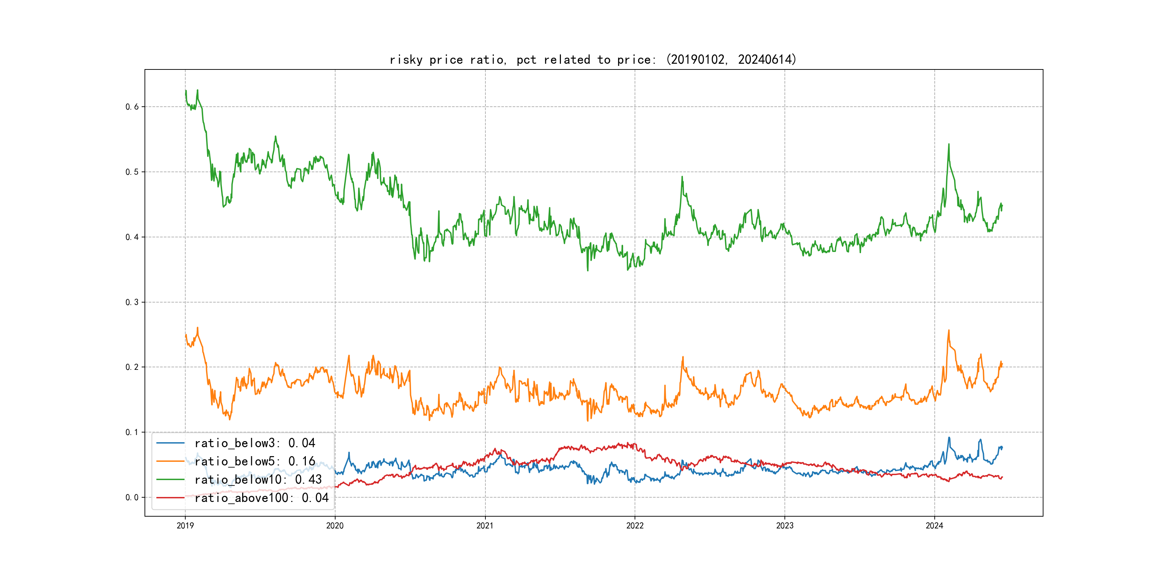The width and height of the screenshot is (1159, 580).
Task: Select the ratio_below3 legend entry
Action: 255,443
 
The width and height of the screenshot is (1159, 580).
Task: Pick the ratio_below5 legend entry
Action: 255,461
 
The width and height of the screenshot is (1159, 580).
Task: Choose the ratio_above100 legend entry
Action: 261,498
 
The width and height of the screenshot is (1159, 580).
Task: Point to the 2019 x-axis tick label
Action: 185,526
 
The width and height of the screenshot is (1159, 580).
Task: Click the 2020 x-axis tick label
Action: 335,526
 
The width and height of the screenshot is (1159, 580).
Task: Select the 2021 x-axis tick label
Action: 485,526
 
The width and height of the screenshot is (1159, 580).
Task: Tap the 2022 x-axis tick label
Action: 635,526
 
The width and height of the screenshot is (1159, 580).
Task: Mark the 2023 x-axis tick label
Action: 785,526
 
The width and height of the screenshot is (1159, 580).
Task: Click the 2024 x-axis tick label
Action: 934,526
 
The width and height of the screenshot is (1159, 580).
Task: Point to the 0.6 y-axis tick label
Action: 132,107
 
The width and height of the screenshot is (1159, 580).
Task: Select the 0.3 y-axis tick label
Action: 132,302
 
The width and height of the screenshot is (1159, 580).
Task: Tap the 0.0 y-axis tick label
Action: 132,498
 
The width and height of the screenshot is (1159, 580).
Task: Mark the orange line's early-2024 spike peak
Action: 949,330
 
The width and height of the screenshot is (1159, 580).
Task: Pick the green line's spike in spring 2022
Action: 682,177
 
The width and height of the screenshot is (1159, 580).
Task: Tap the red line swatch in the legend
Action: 170,498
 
